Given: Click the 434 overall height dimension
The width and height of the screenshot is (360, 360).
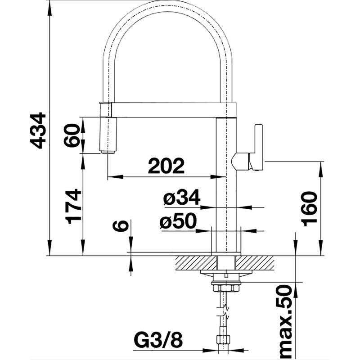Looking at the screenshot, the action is (x=38, y=130).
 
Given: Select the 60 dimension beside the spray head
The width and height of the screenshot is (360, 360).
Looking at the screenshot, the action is (x=72, y=135).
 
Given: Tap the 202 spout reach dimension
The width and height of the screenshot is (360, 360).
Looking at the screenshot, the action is (x=166, y=166).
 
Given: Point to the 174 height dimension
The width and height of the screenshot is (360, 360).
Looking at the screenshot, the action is (x=73, y=207).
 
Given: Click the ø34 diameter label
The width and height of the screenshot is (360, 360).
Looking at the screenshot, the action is (x=182, y=197).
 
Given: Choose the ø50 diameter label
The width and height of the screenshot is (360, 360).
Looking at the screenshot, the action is (x=178, y=221).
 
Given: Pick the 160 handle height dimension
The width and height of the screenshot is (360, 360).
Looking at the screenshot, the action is (x=309, y=208).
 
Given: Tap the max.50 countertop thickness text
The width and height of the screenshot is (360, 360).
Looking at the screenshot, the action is (x=285, y=322).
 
